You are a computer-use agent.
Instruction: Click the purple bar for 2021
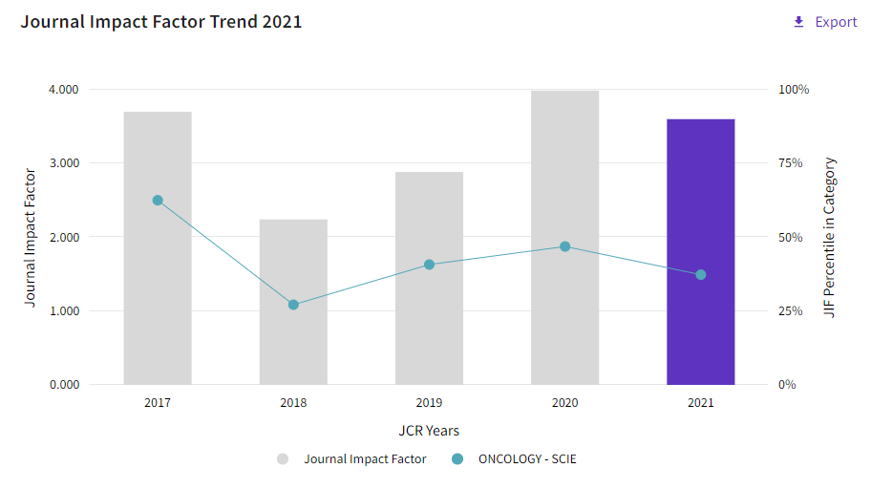coord(701,252)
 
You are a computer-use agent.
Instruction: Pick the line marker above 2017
coord(158,201)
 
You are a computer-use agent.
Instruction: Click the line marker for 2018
coord(293,305)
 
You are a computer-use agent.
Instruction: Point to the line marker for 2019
coord(429,265)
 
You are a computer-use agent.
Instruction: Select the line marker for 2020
coord(564,246)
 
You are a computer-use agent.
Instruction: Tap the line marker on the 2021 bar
coord(701,275)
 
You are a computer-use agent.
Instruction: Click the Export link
coord(836,22)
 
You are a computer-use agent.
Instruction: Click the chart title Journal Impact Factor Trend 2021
coord(161,22)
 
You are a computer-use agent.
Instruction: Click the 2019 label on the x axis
coord(429,403)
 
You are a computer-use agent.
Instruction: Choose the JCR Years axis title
coord(429,431)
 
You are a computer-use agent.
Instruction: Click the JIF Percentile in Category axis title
coord(830,237)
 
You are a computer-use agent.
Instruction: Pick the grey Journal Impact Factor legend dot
coord(283,459)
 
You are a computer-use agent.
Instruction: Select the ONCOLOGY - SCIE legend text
coord(527,459)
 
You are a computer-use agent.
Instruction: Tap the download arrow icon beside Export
coord(798,22)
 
